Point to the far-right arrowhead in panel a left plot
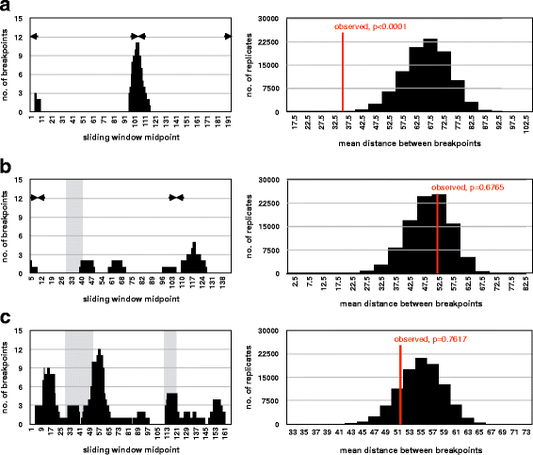[x=227, y=36]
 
